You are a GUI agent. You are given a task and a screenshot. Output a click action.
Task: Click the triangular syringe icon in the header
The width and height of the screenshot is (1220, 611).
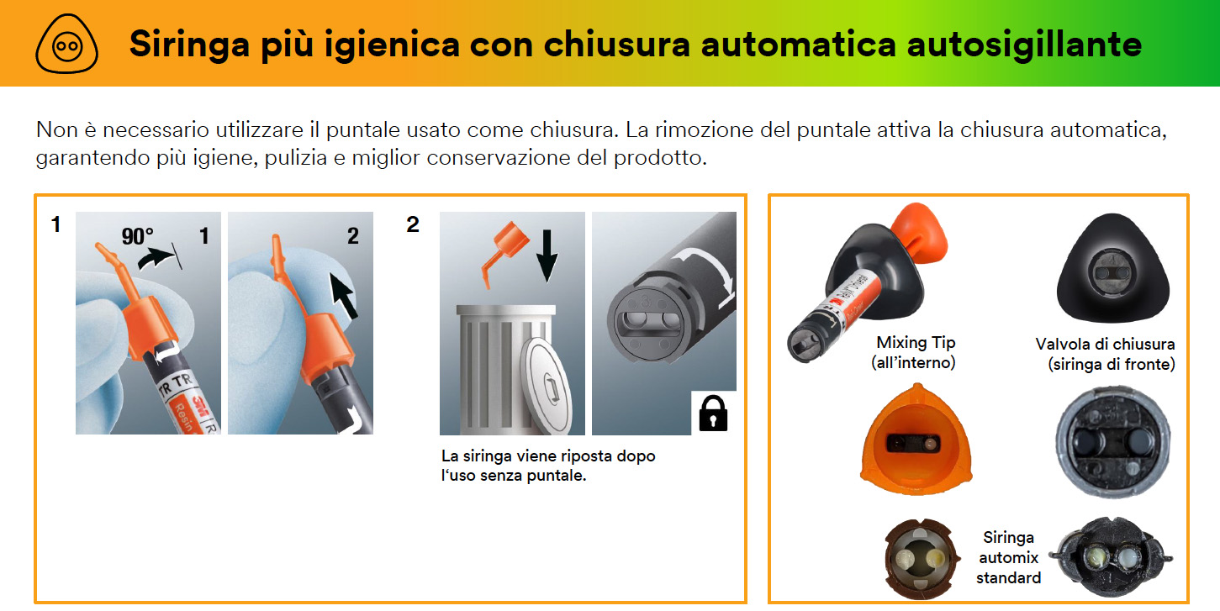click(67, 44)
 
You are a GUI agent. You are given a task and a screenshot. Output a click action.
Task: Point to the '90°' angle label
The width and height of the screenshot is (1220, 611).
click(137, 236)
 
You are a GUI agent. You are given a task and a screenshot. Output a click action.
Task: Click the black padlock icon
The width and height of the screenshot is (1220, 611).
click(713, 413)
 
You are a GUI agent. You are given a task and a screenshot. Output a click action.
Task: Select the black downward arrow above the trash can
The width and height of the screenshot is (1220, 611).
click(547, 255)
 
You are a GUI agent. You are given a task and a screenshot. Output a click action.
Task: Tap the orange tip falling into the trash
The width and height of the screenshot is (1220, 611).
click(504, 251)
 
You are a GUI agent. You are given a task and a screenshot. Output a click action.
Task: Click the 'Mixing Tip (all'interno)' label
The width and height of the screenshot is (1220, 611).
click(915, 352)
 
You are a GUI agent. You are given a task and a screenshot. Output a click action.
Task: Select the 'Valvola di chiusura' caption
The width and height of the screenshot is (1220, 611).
click(1105, 345)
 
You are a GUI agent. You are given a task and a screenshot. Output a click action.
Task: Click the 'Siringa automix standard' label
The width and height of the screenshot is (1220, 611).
click(1009, 558)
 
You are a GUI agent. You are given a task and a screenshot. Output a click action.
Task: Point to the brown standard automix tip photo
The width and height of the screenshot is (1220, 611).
click(920, 559)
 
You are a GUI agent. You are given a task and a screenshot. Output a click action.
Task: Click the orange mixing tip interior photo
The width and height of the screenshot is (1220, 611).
click(916, 440)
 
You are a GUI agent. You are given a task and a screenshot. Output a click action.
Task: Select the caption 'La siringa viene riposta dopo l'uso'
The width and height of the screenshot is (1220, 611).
click(548, 466)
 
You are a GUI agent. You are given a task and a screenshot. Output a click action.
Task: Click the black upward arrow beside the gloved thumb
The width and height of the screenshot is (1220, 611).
click(344, 296)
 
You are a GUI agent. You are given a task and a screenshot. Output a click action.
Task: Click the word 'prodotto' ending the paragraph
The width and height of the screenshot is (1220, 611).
click(660, 158)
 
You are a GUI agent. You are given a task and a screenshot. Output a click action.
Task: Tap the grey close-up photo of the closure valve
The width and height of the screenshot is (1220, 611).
click(1112, 441)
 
